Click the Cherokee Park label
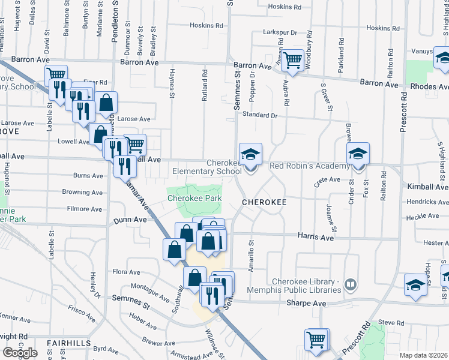tap(194, 198)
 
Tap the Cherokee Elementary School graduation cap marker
tap(251, 153)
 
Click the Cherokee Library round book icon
tap(351, 283)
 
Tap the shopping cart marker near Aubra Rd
tap(292, 59)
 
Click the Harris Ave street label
tap(318, 238)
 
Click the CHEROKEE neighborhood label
tap(264, 203)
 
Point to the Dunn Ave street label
tap(130, 220)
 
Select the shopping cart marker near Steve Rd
tap(316, 338)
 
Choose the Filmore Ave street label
tap(85, 209)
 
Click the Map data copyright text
tap(424, 355)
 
